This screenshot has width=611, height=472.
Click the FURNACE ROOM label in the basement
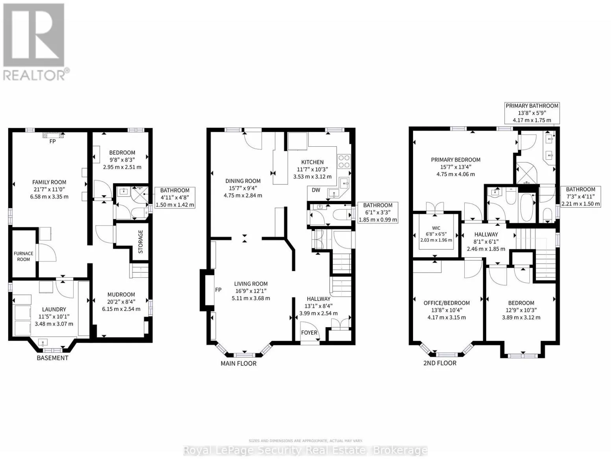point(23,256)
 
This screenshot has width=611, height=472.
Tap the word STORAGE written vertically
point(140,242)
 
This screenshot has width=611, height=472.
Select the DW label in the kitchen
point(316,190)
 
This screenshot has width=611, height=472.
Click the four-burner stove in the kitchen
point(343,161)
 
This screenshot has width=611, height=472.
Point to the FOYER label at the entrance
point(309,333)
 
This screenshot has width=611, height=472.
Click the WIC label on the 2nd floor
point(436,228)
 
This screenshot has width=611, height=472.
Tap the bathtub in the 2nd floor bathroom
point(527,207)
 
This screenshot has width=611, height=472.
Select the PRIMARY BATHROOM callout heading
point(532,106)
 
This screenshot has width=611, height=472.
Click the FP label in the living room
point(218,289)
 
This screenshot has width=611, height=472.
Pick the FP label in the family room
point(53,141)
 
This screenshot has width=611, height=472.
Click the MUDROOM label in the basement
point(121,294)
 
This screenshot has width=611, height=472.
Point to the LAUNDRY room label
point(54,309)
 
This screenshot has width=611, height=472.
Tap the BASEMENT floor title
point(53,358)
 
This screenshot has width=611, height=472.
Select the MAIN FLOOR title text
point(238,363)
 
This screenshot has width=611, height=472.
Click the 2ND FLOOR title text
point(440,363)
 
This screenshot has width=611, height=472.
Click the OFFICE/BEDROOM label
point(447,303)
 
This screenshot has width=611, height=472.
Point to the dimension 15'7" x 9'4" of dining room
point(243,188)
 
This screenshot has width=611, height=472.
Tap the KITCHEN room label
point(312,162)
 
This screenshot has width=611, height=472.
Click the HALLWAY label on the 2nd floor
point(486,234)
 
